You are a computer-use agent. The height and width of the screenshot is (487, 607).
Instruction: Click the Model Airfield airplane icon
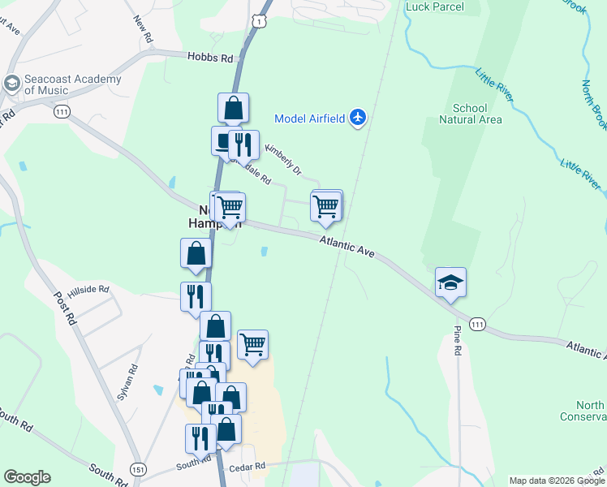coord(358,118)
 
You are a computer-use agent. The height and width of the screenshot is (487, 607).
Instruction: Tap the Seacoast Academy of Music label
coord(73,85)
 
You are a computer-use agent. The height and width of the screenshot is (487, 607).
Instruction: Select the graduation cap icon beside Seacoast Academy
coord(11,84)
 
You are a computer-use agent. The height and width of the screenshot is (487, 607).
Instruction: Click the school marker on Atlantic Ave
coord(450,283)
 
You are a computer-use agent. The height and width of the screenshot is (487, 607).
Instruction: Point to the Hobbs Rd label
coord(209,58)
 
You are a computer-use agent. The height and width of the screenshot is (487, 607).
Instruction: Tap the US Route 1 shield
coord(259,20)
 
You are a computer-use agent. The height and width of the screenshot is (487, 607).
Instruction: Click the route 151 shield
coord(137,470)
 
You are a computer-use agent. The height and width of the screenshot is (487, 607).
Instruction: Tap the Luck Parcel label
coord(434,7)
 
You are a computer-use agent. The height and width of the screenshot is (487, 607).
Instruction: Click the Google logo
coord(27,477)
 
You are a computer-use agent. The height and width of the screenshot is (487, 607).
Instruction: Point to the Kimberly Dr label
coord(284,160)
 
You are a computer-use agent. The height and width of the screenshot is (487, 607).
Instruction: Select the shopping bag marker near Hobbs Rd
coord(233,108)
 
